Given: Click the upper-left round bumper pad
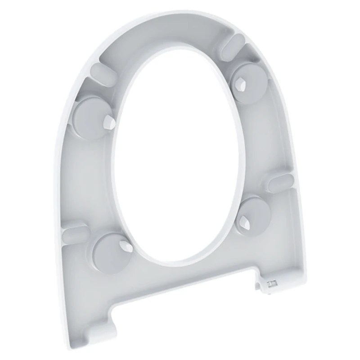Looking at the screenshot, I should tap(92, 116).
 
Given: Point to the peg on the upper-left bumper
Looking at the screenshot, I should tap(109, 121).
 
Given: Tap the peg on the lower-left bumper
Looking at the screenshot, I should tap(126, 246).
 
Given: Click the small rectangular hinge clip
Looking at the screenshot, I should tap(272, 284).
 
